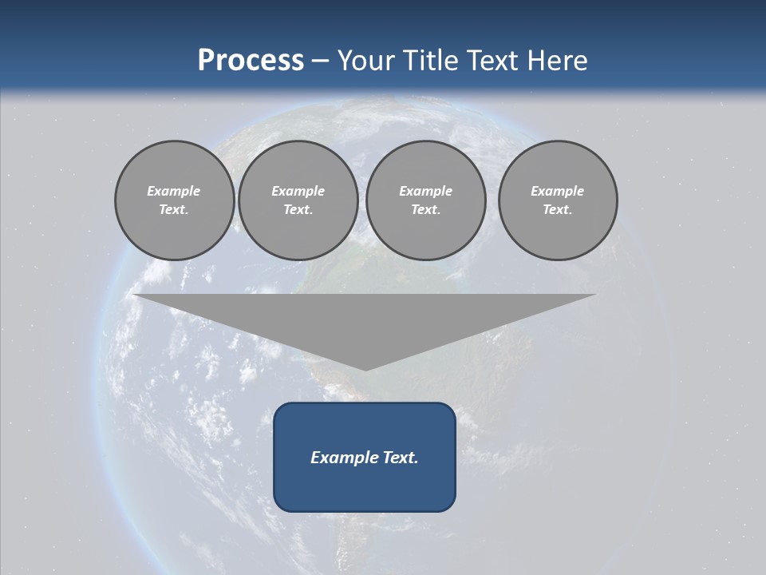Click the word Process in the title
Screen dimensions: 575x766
tap(251, 61)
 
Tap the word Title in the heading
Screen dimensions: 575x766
tap(428, 61)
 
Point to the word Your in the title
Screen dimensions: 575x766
tap(366, 61)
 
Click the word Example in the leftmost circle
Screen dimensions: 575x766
tap(174, 191)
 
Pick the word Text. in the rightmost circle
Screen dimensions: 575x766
tap(558, 209)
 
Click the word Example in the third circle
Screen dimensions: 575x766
tap(426, 191)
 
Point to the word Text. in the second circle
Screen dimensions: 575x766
tap(298, 209)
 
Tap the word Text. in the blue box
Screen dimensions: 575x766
tap(401, 458)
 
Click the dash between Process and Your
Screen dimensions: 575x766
tap(321, 61)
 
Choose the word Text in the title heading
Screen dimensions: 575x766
tap(492, 61)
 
